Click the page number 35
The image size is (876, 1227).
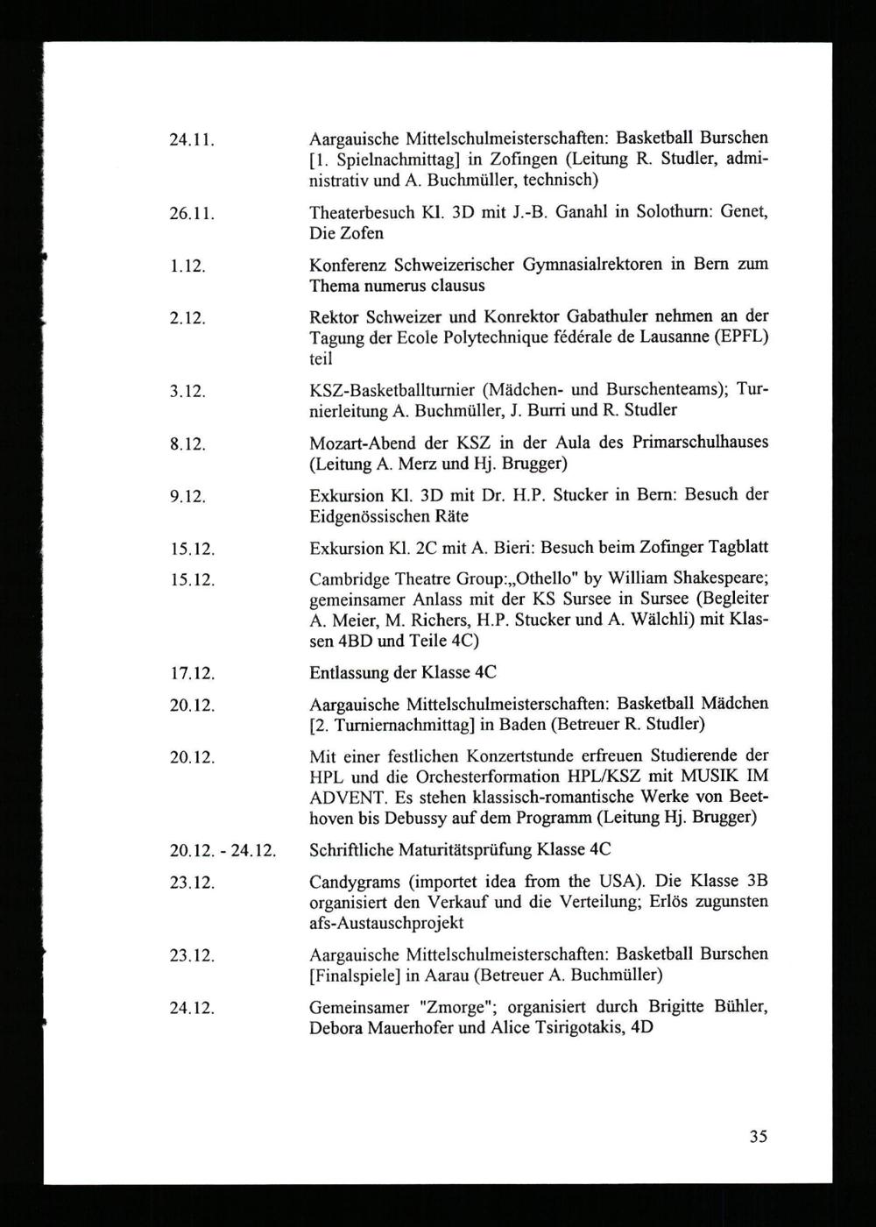click(759, 1137)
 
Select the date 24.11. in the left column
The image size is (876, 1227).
click(193, 139)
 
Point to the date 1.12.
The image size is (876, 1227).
click(187, 266)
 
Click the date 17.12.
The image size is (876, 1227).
click(193, 674)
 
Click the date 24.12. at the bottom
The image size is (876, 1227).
click(193, 1008)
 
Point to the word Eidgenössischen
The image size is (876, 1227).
click(377, 517)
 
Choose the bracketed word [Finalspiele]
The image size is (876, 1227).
click(358, 975)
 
